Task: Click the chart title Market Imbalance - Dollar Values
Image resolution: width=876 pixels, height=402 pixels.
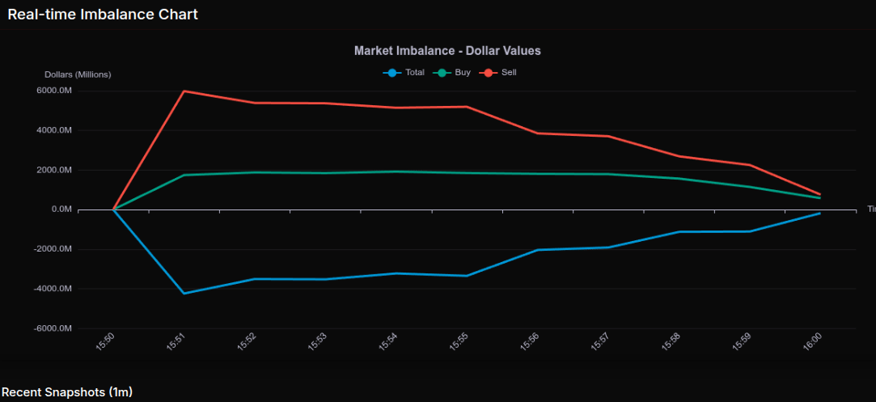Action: click(x=447, y=51)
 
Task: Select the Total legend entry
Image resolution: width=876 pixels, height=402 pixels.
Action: click(x=404, y=73)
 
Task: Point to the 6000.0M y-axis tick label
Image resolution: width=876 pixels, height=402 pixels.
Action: click(x=54, y=91)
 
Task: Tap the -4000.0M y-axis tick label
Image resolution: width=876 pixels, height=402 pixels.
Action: click(x=53, y=289)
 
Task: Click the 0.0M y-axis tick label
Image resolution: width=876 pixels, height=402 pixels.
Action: click(x=61, y=209)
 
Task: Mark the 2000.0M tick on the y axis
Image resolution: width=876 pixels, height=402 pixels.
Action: click(x=54, y=170)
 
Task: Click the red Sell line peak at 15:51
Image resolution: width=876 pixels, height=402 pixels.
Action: click(x=184, y=91)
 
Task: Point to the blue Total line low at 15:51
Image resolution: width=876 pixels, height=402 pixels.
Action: click(x=184, y=294)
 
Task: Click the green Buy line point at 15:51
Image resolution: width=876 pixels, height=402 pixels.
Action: click(x=184, y=175)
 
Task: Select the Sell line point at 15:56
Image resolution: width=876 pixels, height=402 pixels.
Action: click(x=537, y=133)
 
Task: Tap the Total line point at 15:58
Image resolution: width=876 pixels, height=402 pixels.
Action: click(x=679, y=232)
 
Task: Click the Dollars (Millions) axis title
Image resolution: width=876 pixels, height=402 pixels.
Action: click(x=78, y=74)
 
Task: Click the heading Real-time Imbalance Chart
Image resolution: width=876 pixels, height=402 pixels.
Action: click(x=103, y=15)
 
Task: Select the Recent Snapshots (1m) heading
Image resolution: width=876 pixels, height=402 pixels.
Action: click(x=66, y=392)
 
